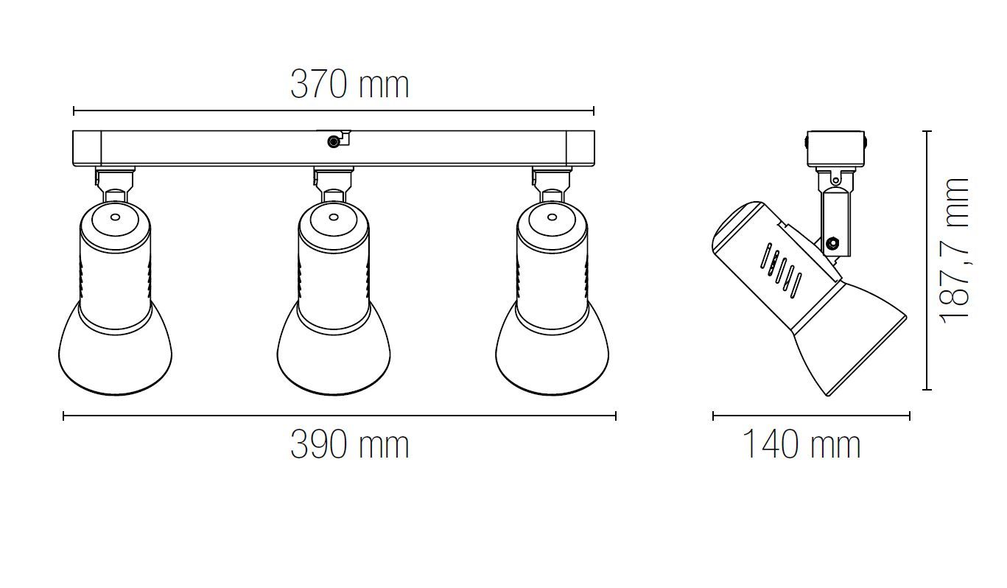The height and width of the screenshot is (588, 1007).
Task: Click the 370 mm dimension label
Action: (x=349, y=85)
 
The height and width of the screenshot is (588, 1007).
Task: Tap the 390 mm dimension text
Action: (x=349, y=445)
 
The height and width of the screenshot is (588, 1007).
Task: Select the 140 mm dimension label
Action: (x=800, y=445)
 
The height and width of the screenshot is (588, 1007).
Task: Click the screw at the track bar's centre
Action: (x=334, y=140)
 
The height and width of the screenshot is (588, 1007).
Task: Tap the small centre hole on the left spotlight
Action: (x=115, y=217)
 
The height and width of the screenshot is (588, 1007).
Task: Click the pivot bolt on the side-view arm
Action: (x=833, y=242)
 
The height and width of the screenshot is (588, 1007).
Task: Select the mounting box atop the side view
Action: (x=836, y=149)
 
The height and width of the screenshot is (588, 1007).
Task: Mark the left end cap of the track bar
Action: (x=87, y=148)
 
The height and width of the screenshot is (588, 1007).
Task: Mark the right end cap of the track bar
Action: (x=580, y=148)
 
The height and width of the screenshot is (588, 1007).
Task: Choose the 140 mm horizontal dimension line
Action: (x=811, y=416)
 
